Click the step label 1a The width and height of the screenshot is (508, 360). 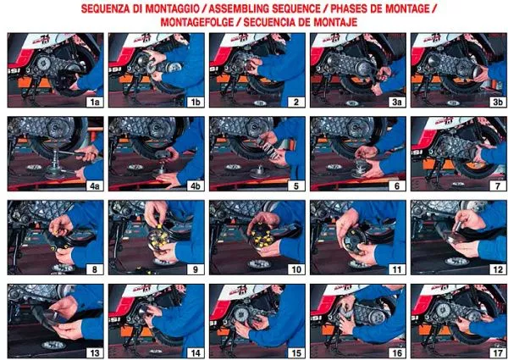tap(95, 102)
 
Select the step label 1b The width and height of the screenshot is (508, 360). tap(196, 102)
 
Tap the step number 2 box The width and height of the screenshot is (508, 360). tap(296, 102)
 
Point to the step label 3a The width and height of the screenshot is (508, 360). tap(397, 102)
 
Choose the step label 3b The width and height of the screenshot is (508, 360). tap(498, 102)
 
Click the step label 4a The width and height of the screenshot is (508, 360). tap(95, 186)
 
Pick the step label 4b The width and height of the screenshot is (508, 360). tap(196, 186)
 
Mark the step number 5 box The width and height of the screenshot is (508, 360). tap(296, 186)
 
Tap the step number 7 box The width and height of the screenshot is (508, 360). tap(498, 186)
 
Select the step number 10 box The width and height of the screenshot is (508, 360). tap(296, 269)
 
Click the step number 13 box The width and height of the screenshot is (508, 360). tap(95, 353)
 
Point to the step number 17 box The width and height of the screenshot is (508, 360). tap(498, 353)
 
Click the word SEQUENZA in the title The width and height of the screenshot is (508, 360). tap(105, 8)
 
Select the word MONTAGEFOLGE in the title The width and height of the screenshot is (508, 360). tap(197, 22)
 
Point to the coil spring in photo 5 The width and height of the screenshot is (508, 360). tap(270, 148)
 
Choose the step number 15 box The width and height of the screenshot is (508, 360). tap(296, 353)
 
